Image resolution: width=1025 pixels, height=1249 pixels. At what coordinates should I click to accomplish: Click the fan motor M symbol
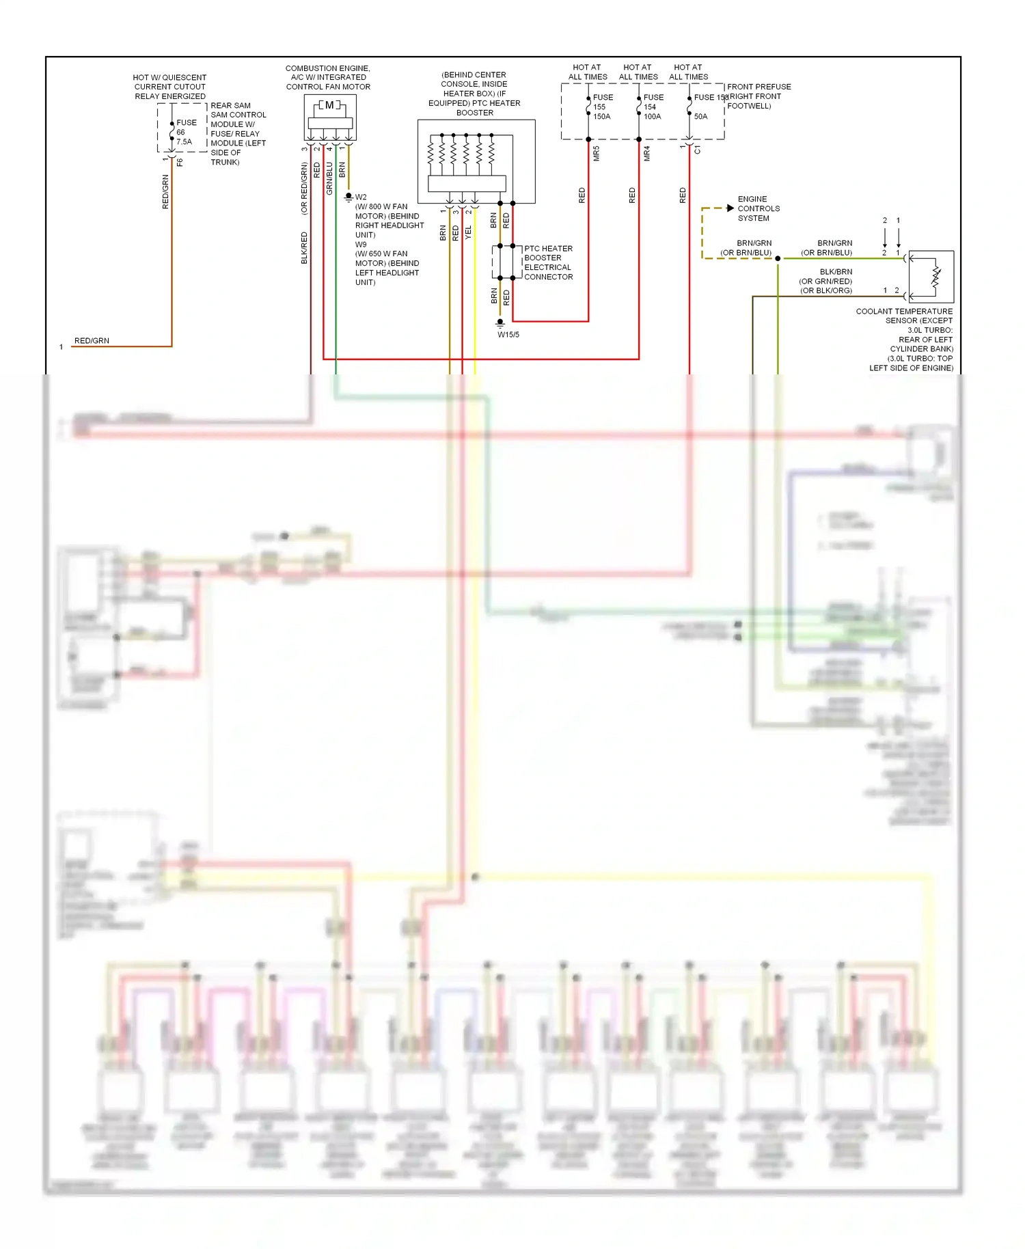click(x=329, y=105)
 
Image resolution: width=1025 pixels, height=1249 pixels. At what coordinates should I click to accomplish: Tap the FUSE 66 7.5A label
click(x=185, y=133)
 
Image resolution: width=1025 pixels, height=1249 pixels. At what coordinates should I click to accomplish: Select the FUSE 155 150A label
click(x=602, y=107)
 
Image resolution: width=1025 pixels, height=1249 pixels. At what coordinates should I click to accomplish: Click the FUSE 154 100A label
click(x=653, y=107)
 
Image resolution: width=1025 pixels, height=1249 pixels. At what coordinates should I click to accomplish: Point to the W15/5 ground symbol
click(x=500, y=322)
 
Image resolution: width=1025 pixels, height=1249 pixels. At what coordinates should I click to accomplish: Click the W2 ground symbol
click(x=348, y=197)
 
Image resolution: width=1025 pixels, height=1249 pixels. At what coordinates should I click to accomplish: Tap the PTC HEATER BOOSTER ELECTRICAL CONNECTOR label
click(x=548, y=263)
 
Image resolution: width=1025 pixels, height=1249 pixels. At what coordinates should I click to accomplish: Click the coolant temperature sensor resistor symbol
click(x=936, y=277)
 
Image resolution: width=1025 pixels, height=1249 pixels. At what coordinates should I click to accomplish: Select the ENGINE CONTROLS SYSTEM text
click(x=758, y=209)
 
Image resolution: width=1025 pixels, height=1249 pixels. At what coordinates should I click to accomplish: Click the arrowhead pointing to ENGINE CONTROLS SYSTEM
click(x=730, y=208)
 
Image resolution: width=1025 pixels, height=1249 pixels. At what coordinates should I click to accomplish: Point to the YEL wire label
click(x=469, y=232)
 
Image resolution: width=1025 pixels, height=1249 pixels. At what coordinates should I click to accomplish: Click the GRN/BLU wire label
click(x=329, y=179)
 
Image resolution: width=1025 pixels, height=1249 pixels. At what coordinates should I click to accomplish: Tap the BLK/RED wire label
click(x=304, y=248)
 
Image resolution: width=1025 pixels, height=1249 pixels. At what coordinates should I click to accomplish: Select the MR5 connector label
click(x=597, y=154)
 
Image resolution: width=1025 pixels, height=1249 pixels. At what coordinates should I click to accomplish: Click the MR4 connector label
click(x=647, y=154)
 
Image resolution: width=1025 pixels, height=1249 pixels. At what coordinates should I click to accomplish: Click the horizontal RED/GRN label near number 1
click(x=92, y=340)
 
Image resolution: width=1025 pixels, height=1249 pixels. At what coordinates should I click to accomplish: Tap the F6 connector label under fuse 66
click(x=180, y=163)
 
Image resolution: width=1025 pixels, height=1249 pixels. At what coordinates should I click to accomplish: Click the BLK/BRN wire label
click(x=836, y=272)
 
